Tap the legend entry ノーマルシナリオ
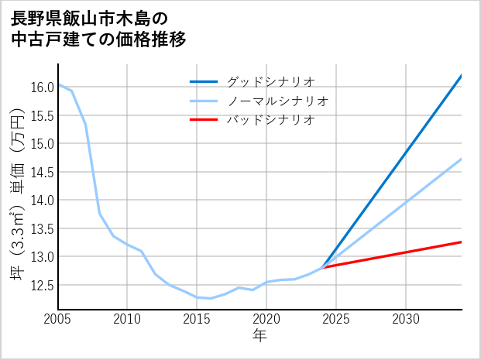278,101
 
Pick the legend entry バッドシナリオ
270,120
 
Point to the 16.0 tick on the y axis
42,87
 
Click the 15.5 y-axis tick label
42,115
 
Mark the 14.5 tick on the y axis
42,172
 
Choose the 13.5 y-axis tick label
42,228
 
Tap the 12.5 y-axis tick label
42,285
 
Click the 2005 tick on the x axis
58,319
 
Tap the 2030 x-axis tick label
406,319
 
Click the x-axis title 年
260,336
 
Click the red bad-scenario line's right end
461,242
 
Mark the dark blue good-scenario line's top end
461,76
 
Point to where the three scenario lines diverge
323,267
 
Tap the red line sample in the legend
204,120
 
